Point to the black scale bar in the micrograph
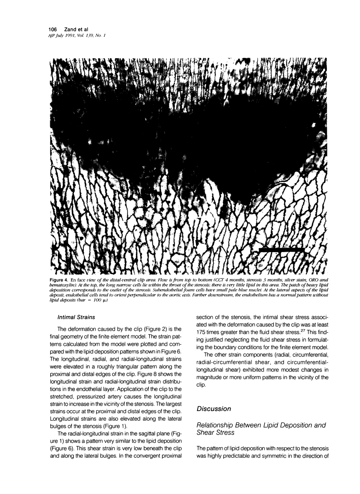[x=281, y=250]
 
